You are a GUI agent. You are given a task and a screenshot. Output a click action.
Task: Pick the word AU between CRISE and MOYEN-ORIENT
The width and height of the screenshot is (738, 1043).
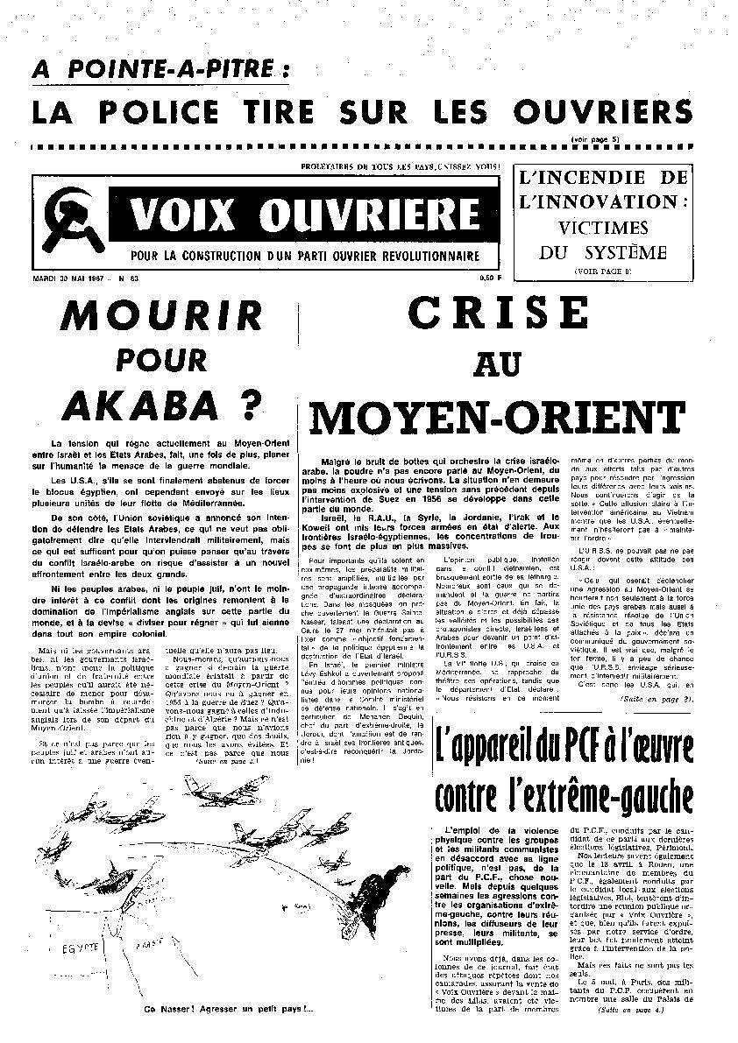click(497, 365)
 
